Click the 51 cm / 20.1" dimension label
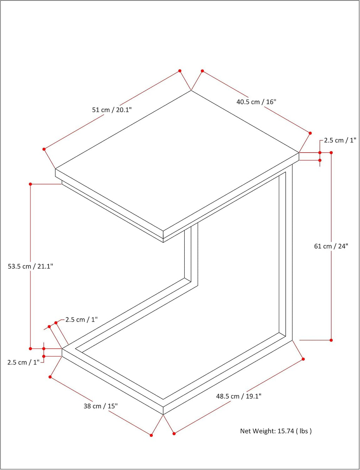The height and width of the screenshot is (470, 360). [x=112, y=110]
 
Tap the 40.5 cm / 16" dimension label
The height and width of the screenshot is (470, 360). [x=256, y=102]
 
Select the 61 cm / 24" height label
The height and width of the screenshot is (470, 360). [x=331, y=246]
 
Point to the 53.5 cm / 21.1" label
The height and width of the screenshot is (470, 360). [x=30, y=266]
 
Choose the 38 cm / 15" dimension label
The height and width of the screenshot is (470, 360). [x=101, y=406]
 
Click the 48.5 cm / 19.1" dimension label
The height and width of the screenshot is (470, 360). [x=239, y=396]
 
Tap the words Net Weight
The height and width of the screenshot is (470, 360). [x=258, y=431]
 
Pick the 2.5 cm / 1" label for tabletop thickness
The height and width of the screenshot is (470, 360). [x=340, y=140]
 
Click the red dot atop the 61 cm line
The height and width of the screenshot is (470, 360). [x=331, y=153]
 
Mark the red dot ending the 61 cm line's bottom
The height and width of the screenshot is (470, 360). [x=331, y=340]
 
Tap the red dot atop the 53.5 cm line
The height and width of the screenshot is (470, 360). [x=30, y=184]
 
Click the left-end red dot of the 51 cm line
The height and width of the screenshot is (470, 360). [x=44, y=149]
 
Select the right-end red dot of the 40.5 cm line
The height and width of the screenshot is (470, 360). [x=310, y=133]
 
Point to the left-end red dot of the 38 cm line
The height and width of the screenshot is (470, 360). [x=50, y=377]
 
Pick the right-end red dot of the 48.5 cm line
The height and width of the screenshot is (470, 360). [x=303, y=359]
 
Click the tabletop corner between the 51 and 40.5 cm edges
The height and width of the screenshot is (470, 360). [x=191, y=90]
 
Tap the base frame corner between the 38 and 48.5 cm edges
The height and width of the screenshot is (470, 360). [x=163, y=414]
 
